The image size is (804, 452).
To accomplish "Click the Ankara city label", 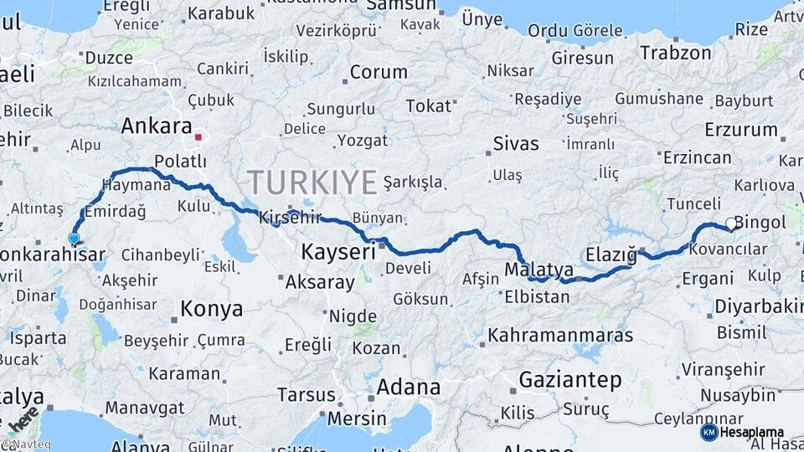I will pos(157,126).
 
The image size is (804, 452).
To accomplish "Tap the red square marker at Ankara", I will pos(198,136).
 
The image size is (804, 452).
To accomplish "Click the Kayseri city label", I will pos(338,251).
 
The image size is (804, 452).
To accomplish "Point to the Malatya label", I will pos(539,270).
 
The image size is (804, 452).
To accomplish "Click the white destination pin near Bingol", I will pos(731,223).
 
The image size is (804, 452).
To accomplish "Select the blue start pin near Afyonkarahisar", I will pos(74,239).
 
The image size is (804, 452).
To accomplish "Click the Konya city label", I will pos(211,309).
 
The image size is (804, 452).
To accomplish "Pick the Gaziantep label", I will pos(570,380).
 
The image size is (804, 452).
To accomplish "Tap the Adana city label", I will pos(409,387).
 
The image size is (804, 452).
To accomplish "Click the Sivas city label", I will pos(516,143).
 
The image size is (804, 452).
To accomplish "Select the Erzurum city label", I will pos(741,130).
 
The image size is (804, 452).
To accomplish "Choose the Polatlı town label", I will pos(180,161).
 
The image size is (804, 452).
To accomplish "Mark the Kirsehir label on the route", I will pos(290,217).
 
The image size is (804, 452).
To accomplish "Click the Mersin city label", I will pos(358,419).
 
